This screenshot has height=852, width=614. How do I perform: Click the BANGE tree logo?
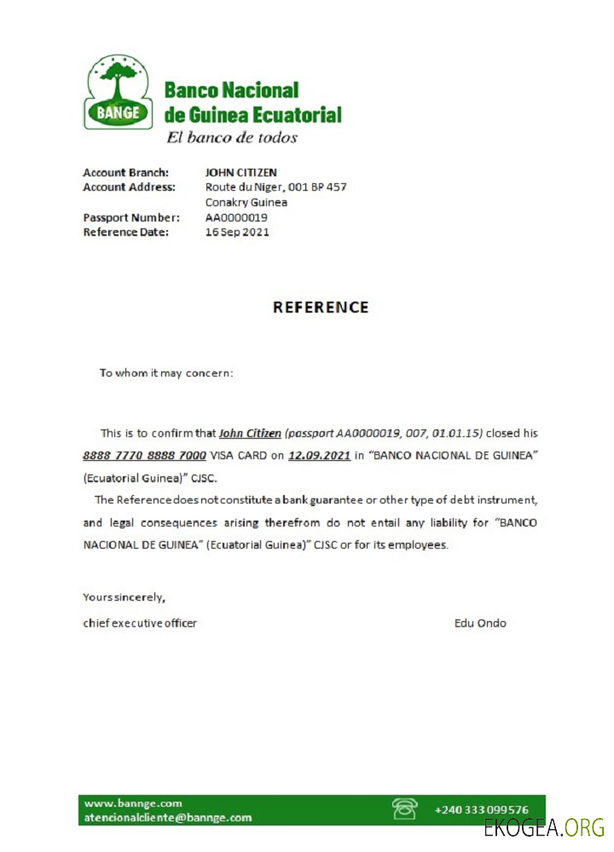118,91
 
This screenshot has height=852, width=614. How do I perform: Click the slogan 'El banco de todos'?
231,137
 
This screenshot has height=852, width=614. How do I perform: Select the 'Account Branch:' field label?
125,172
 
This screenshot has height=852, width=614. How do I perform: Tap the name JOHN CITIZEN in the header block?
241,172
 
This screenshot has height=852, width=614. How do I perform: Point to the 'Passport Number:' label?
131,217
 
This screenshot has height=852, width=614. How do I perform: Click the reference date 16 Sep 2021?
237,232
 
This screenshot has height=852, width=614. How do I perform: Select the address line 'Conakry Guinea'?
246,202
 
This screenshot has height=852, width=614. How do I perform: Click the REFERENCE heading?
321,308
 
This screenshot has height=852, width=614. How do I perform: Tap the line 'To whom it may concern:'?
166,372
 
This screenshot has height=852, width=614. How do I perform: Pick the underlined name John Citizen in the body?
250,433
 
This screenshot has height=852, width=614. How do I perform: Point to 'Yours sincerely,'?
124,596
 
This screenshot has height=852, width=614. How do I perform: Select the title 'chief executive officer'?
140,623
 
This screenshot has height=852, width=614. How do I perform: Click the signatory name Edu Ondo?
480,623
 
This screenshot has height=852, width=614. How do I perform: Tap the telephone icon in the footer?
403,808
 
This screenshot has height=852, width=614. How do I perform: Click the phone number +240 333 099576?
481,809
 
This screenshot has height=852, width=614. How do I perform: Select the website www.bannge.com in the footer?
133,803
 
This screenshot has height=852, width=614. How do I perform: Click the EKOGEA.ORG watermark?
543,827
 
